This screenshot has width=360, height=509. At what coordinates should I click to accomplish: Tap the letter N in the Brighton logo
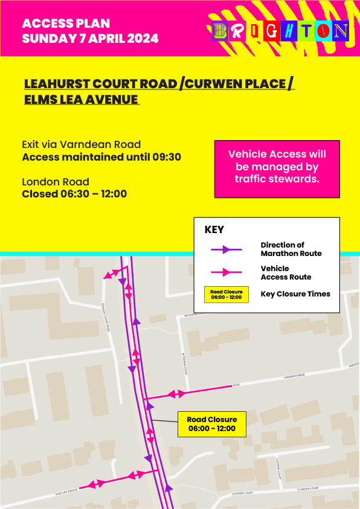tap(341, 31)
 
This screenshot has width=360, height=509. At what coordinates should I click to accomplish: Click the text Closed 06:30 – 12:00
tap(74, 194)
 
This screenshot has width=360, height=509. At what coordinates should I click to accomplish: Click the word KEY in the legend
tap(214, 230)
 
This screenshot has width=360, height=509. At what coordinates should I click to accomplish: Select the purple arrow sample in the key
tap(225, 249)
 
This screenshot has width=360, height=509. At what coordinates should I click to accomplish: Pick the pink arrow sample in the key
tap(225, 272)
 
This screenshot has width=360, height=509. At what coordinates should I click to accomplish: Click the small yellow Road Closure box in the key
tap(226, 295)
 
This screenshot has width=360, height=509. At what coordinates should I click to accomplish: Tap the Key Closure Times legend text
tap(295, 294)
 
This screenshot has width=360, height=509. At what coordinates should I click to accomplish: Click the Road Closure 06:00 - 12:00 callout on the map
tap(211, 424)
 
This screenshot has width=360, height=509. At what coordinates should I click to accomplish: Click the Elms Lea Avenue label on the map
tap(66, 493)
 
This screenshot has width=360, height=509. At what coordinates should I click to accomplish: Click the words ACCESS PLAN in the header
tap(66, 24)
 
